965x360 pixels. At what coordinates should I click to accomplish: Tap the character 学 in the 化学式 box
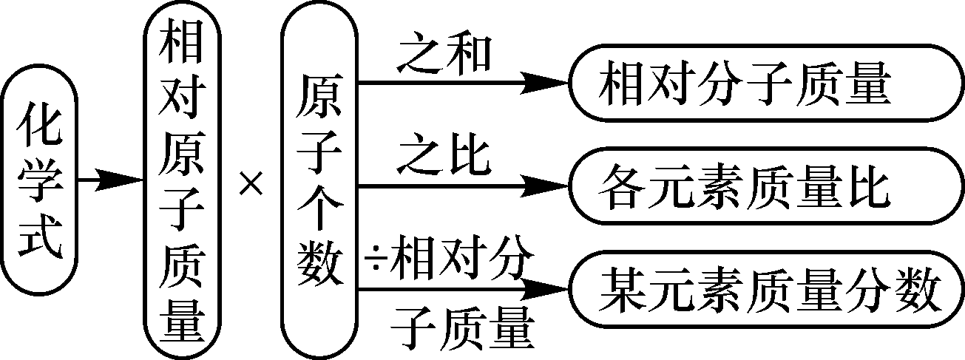coord(38,180)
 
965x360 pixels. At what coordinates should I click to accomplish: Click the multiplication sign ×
coord(251,183)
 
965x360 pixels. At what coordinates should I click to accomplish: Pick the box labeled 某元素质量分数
coord(765,290)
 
